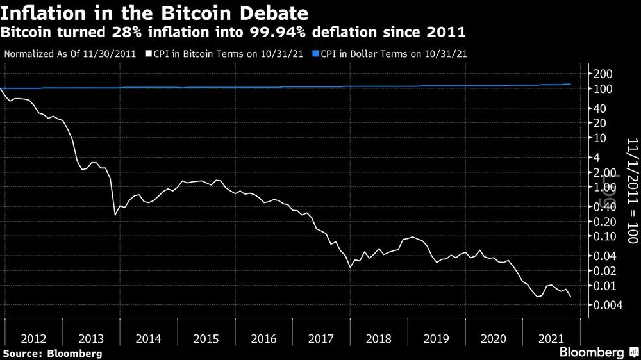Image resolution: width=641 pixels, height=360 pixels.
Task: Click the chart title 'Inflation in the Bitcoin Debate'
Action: [154, 12]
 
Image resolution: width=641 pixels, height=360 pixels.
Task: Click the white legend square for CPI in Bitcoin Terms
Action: [148, 54]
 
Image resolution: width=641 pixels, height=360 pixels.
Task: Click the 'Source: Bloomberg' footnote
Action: [52, 353]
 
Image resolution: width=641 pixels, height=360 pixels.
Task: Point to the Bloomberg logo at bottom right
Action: [592, 352]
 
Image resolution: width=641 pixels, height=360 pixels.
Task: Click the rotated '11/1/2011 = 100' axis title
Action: [631, 191]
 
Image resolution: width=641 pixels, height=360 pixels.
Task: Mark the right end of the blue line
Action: [570, 85]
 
